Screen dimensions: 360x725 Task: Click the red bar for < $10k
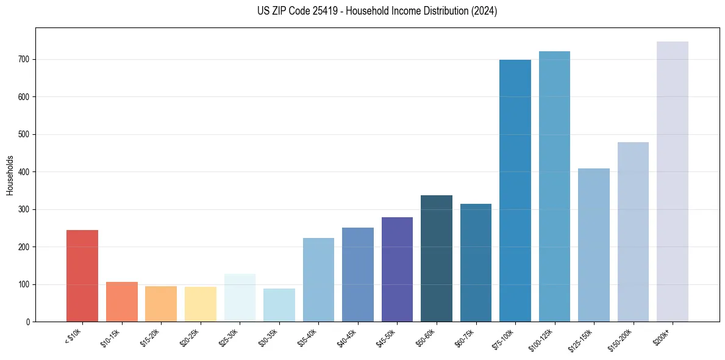(82, 276)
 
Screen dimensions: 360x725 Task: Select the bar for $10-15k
(121, 301)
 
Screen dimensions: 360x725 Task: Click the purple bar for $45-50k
(397, 269)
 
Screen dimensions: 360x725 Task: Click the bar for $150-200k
(633, 232)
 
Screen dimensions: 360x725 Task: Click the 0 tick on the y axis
(29, 322)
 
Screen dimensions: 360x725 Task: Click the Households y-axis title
(10, 175)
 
